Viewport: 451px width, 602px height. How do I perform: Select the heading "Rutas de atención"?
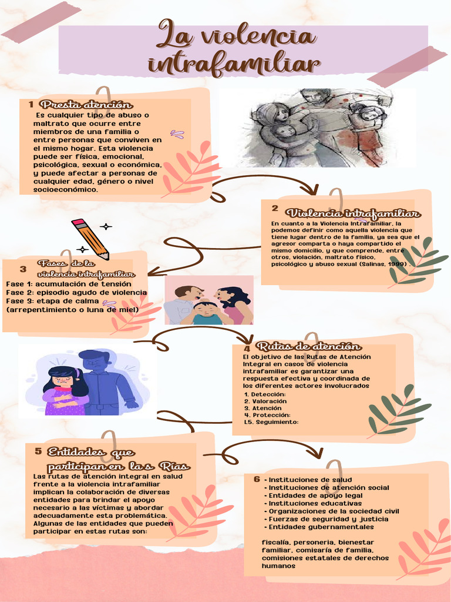(308, 346)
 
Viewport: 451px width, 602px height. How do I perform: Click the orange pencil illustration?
(90, 239)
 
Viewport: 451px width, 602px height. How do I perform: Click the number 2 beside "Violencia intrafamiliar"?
(275, 208)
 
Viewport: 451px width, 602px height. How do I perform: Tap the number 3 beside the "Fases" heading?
(23, 269)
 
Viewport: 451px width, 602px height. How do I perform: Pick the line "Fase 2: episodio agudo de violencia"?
(76, 292)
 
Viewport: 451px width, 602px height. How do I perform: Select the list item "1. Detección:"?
(265, 394)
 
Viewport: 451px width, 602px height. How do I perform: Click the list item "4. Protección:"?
(268, 414)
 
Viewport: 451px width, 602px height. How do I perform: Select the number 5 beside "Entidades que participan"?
(38, 451)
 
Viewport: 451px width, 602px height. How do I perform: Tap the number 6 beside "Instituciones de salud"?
(257, 479)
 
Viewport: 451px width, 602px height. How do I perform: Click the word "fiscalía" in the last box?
(275, 542)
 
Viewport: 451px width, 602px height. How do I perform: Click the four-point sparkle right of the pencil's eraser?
(106, 226)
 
